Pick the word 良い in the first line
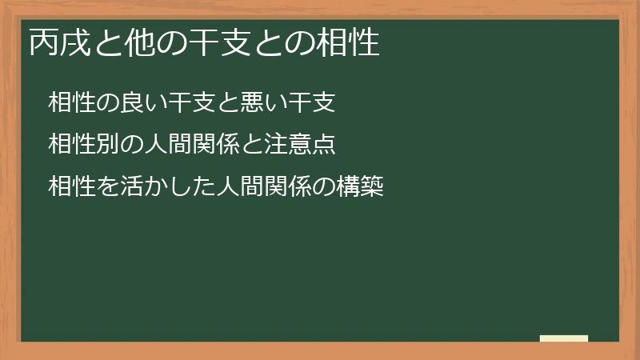tap(134, 102)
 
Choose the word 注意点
tap(308, 146)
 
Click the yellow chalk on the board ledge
tap(564, 338)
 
